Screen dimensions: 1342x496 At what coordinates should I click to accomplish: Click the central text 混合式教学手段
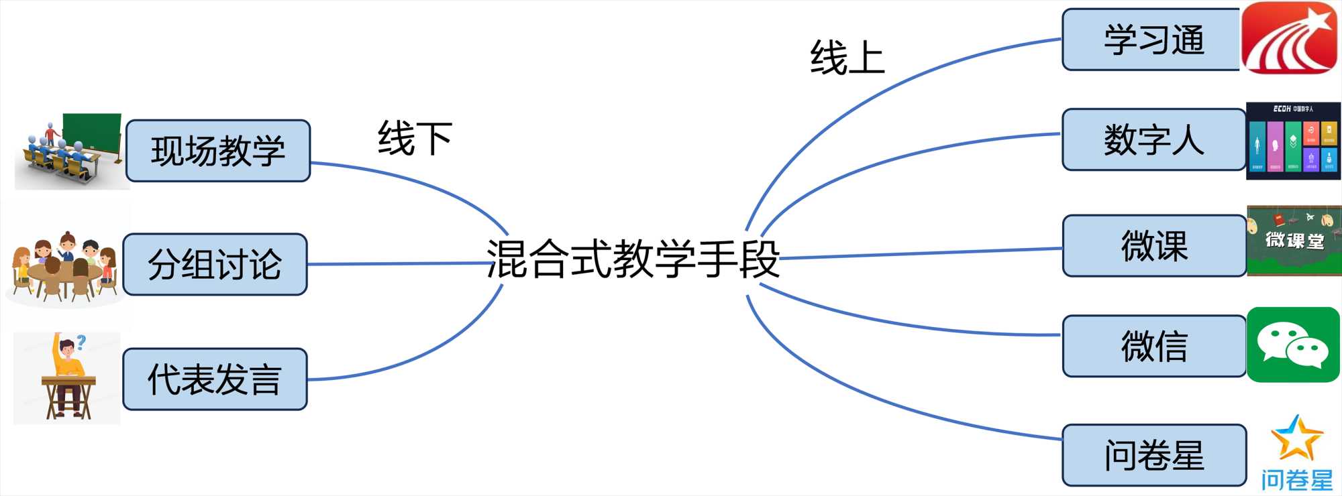point(633,259)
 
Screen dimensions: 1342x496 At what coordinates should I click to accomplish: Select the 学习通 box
point(1152,40)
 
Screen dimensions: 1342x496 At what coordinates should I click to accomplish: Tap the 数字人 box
point(1153,139)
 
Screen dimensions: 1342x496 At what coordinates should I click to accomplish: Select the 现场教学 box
point(218,151)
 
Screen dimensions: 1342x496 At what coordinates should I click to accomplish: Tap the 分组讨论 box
point(215,264)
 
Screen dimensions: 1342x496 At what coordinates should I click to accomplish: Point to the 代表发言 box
point(215,379)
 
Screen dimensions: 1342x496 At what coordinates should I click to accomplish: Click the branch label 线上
point(847,58)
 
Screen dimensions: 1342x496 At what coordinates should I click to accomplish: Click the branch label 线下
point(415,139)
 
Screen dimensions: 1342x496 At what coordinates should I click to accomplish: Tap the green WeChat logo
point(1293,345)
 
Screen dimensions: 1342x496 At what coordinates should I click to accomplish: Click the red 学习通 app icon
point(1289,38)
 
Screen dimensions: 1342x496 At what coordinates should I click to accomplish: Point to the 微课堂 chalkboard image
point(1294,241)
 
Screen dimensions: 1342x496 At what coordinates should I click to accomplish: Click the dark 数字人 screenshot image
point(1293,141)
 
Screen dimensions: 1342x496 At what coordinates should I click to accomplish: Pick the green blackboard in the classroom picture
point(92,132)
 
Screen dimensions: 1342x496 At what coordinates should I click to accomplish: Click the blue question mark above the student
point(82,342)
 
